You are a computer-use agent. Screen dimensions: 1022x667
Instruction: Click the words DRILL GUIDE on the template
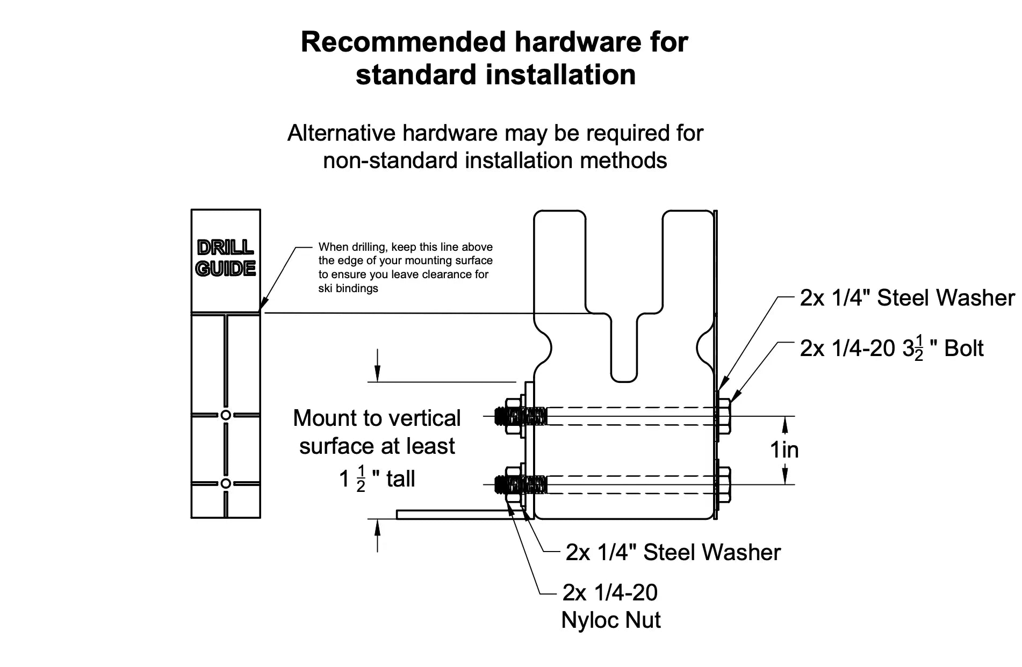coord(226,258)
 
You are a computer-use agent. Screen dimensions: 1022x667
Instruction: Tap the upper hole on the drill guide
coord(226,415)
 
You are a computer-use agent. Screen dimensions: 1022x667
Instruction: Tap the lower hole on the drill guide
coord(226,483)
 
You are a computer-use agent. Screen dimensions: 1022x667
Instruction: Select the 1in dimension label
coord(785,450)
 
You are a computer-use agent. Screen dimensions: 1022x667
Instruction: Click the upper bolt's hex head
coord(724,416)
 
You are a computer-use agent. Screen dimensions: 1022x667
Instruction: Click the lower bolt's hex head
coord(724,484)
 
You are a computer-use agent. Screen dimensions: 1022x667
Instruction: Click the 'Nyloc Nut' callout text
coord(610,620)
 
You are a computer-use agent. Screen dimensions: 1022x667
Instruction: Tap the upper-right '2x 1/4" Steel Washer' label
coord(907,298)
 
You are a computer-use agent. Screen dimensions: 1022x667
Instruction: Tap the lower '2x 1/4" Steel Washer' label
coord(673,553)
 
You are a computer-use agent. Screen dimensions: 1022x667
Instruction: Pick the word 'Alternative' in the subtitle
coord(341,133)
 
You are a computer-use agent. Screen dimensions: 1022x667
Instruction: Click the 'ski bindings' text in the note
coord(348,288)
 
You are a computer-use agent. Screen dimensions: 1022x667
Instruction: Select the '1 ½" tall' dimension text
coord(377,479)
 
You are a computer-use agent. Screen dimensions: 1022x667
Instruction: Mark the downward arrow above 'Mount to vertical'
coord(377,365)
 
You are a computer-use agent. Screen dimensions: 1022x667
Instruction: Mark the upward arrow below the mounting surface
coord(377,535)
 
